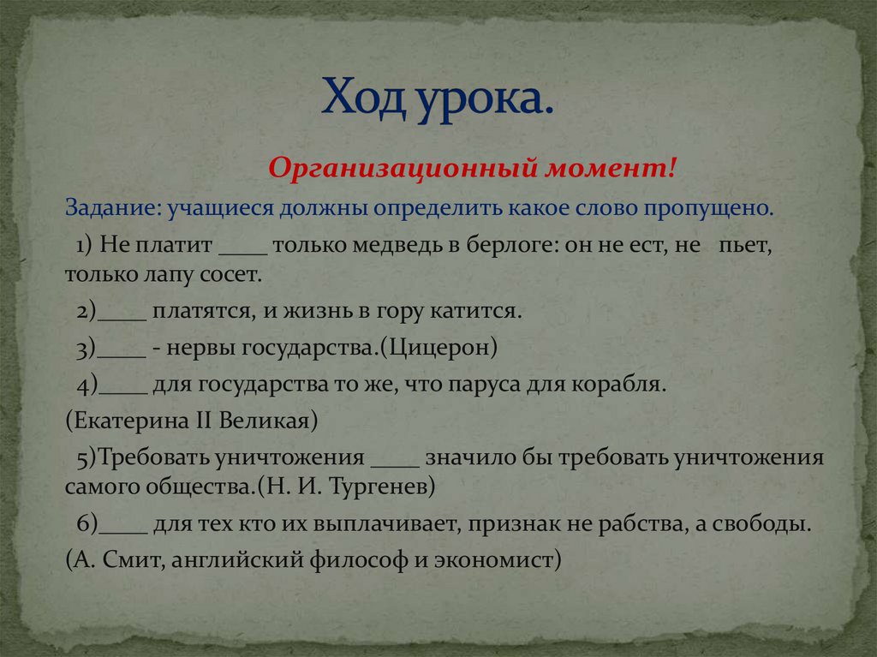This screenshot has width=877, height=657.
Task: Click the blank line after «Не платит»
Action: tap(244, 248)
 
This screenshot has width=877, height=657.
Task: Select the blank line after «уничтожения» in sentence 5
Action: tap(395, 461)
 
